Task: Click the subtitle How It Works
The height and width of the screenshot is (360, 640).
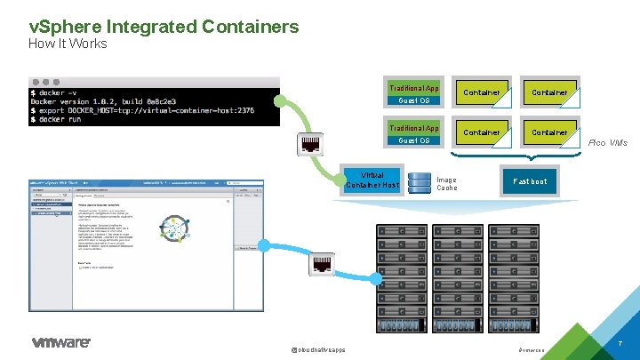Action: (68, 44)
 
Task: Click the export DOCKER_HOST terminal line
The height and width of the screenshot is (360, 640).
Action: (142, 109)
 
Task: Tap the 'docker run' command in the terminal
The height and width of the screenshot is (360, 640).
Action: (61, 119)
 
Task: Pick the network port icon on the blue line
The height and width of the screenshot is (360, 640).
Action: (321, 264)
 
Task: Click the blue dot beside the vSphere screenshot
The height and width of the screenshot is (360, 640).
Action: (263, 245)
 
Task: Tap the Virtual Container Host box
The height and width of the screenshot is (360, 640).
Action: (372, 180)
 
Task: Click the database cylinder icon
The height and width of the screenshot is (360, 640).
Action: (418, 182)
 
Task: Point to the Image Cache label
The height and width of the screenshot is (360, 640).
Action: (446, 184)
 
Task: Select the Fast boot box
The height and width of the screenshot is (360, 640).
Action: (530, 181)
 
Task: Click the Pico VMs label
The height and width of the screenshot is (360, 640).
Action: (608, 142)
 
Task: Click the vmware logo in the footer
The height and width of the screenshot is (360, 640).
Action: (60, 342)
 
